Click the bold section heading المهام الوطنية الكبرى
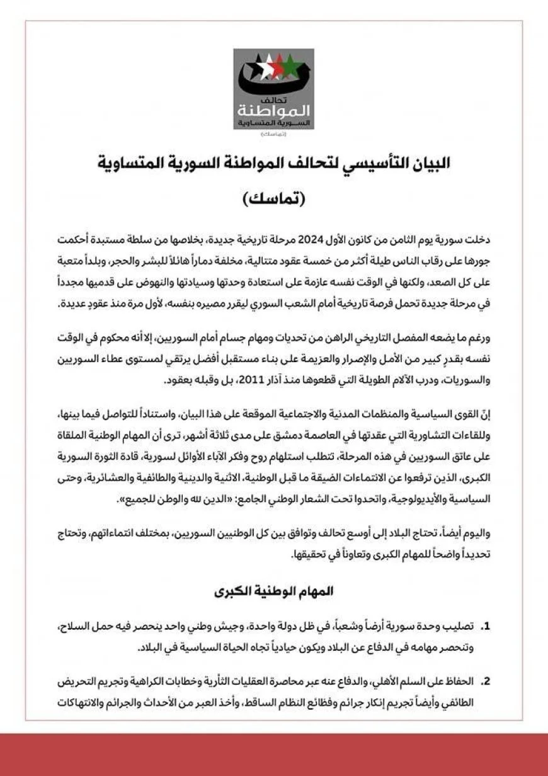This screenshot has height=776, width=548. point(273,592)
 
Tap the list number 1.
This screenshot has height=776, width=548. point(485,627)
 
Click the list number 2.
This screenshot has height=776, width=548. point(485,682)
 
